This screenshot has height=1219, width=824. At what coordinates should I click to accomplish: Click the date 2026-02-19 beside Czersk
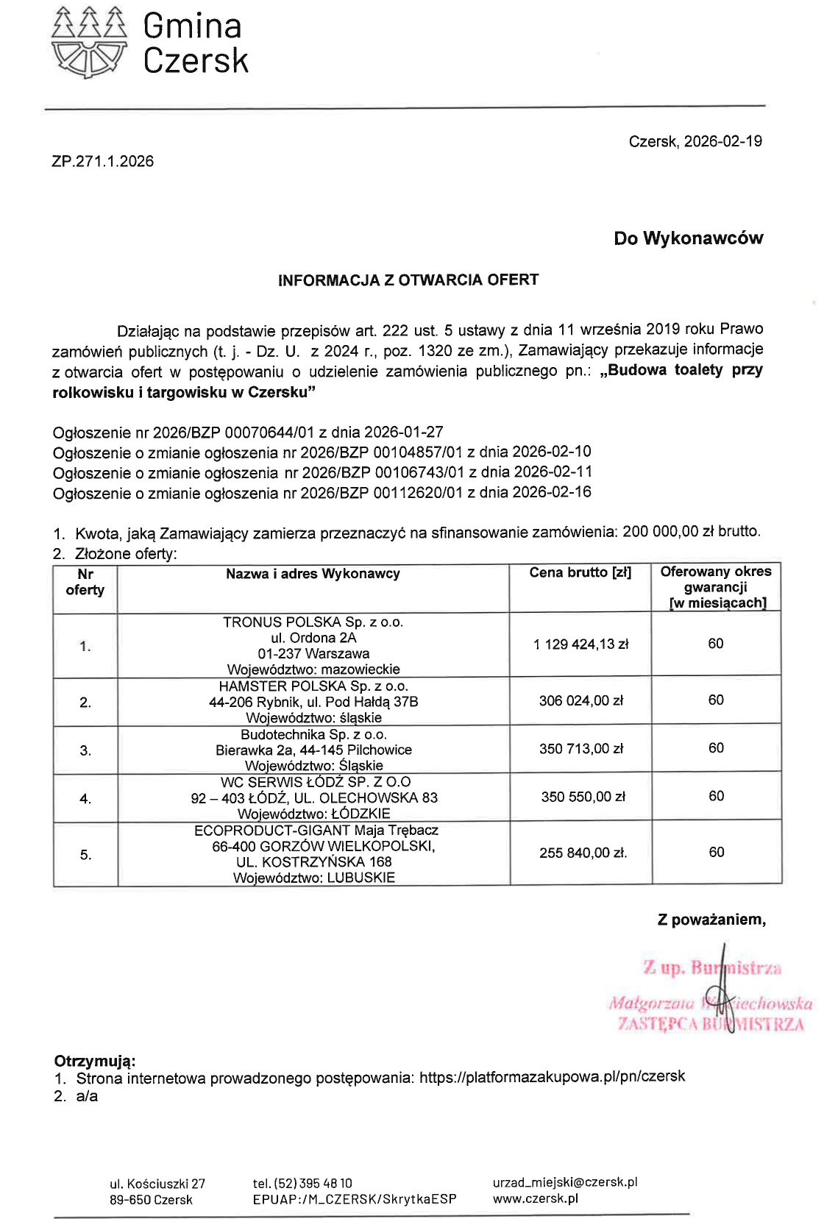(x=722, y=141)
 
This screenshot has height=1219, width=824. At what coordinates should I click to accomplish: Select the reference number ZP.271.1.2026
(x=103, y=162)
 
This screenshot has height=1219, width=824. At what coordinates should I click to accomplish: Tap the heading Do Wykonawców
(x=689, y=238)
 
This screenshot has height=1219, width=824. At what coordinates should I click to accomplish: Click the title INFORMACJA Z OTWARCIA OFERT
(x=408, y=280)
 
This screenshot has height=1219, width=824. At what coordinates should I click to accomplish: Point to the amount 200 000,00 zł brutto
(x=691, y=531)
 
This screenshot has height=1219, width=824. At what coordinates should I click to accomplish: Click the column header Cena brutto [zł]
(x=580, y=573)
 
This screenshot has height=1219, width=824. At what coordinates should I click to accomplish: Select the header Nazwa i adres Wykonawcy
(x=313, y=574)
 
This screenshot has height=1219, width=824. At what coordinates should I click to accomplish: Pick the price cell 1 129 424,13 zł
(x=580, y=644)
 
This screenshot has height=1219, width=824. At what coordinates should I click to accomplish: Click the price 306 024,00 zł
(x=580, y=701)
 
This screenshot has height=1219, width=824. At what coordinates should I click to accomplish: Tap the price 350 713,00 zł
(x=580, y=749)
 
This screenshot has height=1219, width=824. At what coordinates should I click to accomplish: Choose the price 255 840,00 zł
(x=583, y=853)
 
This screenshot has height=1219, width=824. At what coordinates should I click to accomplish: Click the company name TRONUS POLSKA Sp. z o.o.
(x=313, y=622)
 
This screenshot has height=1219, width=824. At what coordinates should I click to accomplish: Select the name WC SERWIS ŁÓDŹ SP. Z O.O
(x=316, y=782)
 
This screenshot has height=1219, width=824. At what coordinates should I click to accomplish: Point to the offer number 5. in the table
(x=85, y=855)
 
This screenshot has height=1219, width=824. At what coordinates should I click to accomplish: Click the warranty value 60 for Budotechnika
(x=716, y=748)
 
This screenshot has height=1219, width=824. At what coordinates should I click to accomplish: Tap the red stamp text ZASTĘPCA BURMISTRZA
(x=711, y=1024)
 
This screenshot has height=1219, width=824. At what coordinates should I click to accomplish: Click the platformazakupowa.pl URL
(x=552, y=1077)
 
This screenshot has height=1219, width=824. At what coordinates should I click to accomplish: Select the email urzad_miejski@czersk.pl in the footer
(x=564, y=1182)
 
